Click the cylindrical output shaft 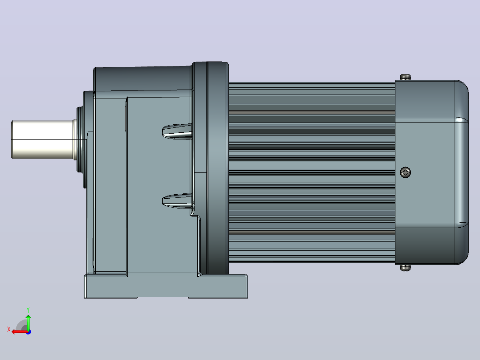[x=42, y=140]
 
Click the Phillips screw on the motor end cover [x=405, y=172]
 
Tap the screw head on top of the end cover [x=405, y=77]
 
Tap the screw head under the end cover [x=405, y=268]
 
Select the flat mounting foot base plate [x=166, y=286]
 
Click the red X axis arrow [x=20, y=332]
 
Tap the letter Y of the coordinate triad [x=28, y=310]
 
